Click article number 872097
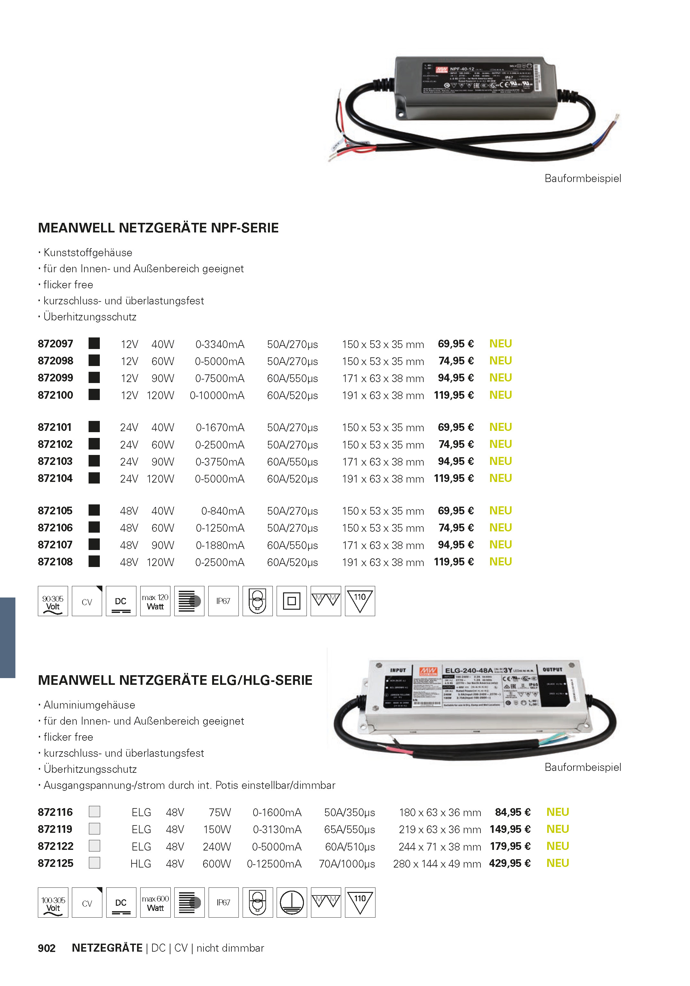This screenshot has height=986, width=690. (x=56, y=344)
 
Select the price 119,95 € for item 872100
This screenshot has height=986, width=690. (x=453, y=395)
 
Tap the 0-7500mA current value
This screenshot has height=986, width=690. (x=220, y=378)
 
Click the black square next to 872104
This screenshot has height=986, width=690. (x=94, y=478)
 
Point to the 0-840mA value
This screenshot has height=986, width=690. (x=222, y=511)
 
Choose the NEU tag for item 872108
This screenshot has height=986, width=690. (x=500, y=562)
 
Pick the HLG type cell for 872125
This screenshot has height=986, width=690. (x=141, y=864)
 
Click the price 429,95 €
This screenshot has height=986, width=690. (x=510, y=863)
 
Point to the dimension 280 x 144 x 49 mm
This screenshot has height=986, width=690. (x=437, y=864)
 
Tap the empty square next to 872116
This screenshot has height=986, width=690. (x=94, y=812)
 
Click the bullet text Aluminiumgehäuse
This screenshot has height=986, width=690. (x=89, y=705)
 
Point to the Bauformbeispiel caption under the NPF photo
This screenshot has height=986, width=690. (x=583, y=179)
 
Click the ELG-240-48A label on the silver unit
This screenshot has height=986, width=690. (x=469, y=670)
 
